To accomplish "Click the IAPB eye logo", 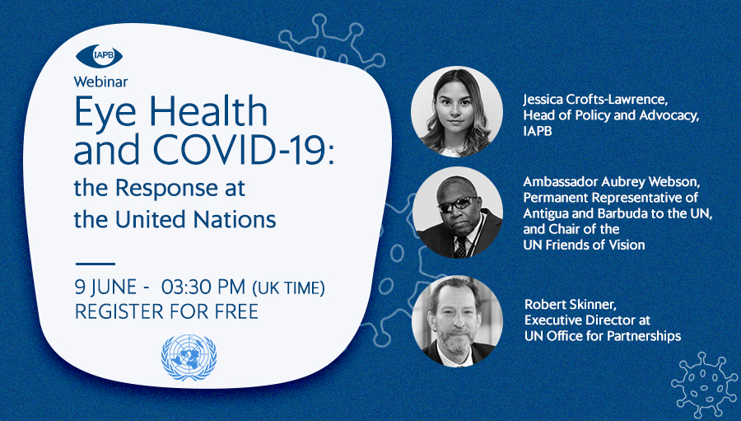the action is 100,56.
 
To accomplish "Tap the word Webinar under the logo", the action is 100,82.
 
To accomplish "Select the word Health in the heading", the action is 208,110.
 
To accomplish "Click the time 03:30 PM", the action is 203,287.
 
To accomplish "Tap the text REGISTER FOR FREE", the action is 167,311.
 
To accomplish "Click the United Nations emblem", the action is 189,358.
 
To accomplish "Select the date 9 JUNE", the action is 106,288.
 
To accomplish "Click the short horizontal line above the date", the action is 96,264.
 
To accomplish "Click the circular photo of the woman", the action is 456,112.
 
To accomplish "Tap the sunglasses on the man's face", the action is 458,203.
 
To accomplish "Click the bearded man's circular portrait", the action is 457,321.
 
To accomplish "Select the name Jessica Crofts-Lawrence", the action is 595,100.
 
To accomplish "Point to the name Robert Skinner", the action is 571,304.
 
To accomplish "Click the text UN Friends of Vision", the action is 584,245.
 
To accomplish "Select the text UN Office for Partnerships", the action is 603,336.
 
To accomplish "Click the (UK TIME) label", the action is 288,288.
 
